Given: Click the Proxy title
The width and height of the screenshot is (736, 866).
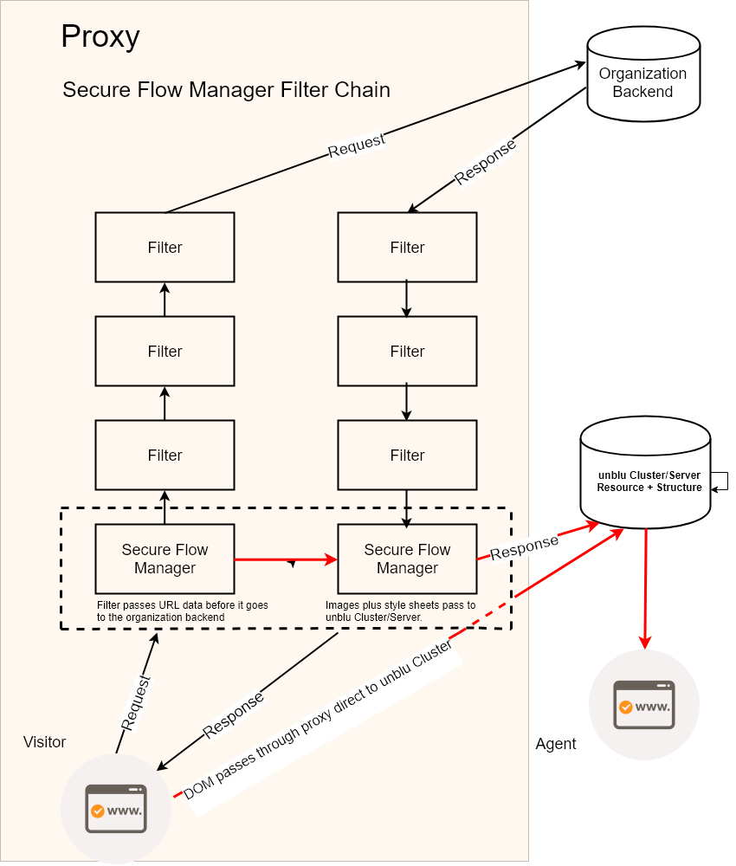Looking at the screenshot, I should [100, 36].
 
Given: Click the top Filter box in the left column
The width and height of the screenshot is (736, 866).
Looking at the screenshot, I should [165, 248].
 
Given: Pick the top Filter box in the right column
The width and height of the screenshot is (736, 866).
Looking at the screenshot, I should [407, 248].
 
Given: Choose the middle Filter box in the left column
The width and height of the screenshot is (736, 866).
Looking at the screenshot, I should [165, 352].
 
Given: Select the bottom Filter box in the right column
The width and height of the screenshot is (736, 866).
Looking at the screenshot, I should [407, 456].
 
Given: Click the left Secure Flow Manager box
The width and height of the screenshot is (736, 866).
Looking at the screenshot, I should [165, 559].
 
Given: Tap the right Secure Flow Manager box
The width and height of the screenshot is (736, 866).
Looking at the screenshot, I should [407, 559].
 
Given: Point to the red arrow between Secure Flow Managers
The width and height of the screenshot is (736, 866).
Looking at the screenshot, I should [286, 559].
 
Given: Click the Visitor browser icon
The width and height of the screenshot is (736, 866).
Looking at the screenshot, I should [116, 808].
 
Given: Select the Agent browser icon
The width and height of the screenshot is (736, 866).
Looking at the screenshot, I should [643, 705].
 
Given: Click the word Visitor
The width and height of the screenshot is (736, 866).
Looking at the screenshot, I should [44, 742].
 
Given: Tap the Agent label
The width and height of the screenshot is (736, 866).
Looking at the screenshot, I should [556, 744].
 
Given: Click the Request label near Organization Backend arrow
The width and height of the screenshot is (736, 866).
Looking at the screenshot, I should [356, 145].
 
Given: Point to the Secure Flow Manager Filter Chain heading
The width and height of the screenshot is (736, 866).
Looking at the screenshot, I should [226, 90].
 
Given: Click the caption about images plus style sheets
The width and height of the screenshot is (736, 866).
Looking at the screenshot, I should [400, 611].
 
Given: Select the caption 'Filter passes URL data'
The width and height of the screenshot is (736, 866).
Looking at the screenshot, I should [161, 611].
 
